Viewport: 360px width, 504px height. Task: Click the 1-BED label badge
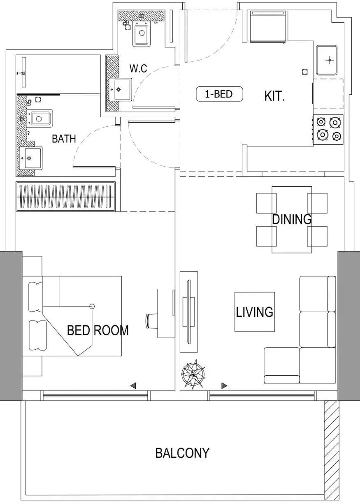pyautogui.click(x=219, y=94)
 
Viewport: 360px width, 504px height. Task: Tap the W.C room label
pyautogui.click(x=138, y=68)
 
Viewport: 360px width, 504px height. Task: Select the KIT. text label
pyautogui.click(x=274, y=96)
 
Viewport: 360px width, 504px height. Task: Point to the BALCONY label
pyautogui.click(x=182, y=453)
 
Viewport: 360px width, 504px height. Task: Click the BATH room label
pyautogui.click(x=64, y=139)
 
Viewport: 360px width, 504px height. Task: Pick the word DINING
pyautogui.click(x=292, y=219)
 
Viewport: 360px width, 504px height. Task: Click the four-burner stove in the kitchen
pyautogui.click(x=328, y=130)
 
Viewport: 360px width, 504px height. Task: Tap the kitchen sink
pyautogui.click(x=327, y=60)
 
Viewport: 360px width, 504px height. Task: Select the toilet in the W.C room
pyautogui.click(x=142, y=35)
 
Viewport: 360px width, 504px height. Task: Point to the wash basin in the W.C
pyautogui.click(x=120, y=90)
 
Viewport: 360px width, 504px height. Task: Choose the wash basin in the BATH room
pyautogui.click(x=30, y=158)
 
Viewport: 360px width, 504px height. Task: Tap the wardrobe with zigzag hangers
pyautogui.click(x=65, y=196)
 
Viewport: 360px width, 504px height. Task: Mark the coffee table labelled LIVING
pyautogui.click(x=255, y=312)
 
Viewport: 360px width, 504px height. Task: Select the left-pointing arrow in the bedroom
pyautogui.click(x=133, y=386)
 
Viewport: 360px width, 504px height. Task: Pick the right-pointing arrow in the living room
pyautogui.click(x=224, y=386)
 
